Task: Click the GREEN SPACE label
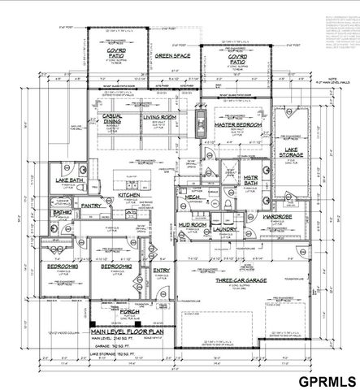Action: pos(172,55)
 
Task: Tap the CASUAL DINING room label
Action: pos(112,119)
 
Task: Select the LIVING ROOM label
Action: pos(159,117)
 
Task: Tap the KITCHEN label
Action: pos(130,196)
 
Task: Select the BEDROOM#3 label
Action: pos(63,266)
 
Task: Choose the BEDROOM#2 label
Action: pos(117,266)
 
